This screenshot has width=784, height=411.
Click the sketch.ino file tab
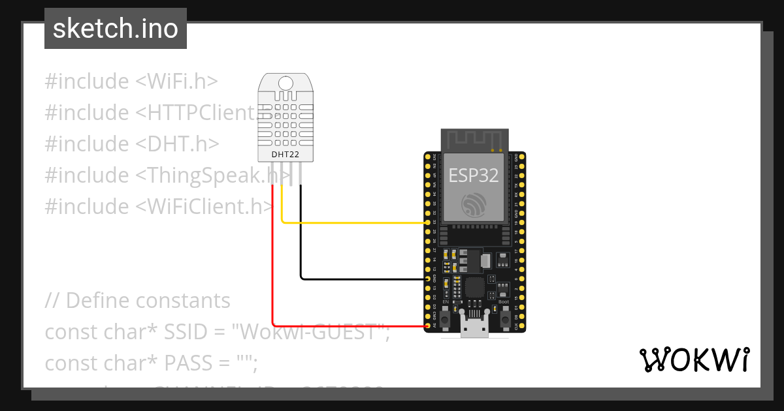pyautogui.click(x=116, y=29)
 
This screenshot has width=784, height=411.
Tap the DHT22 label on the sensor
pyautogui.click(x=286, y=155)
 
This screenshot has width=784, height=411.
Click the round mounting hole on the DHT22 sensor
pyautogui.click(x=286, y=83)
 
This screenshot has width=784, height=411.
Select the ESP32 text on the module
pyautogui.click(x=474, y=175)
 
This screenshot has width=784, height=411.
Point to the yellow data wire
pyautogui.click(x=353, y=222)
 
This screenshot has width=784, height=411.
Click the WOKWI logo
pyautogui.click(x=693, y=359)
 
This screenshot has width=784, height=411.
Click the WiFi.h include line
pyautogui.click(x=131, y=82)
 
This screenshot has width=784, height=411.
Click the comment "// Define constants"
pyautogui.click(x=137, y=301)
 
